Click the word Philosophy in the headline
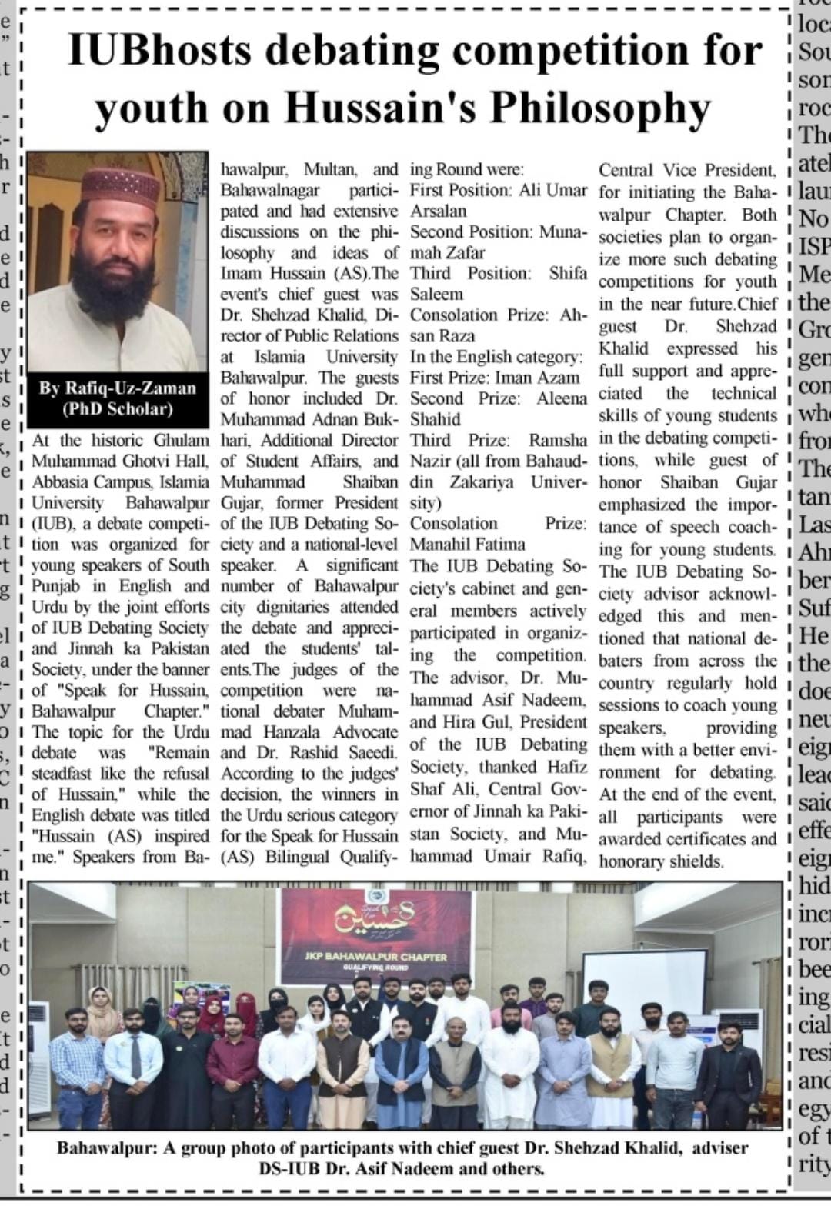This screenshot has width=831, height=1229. [x=600, y=108]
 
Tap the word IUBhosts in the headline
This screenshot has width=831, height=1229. [x=159, y=51]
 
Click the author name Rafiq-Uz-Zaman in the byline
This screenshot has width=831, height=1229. [x=117, y=388]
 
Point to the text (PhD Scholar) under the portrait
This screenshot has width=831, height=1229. [x=117, y=408]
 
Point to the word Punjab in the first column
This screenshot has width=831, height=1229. [x=52, y=586]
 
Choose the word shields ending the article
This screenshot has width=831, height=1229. [x=696, y=861]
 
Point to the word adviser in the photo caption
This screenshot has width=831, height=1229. [x=719, y=1148]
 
